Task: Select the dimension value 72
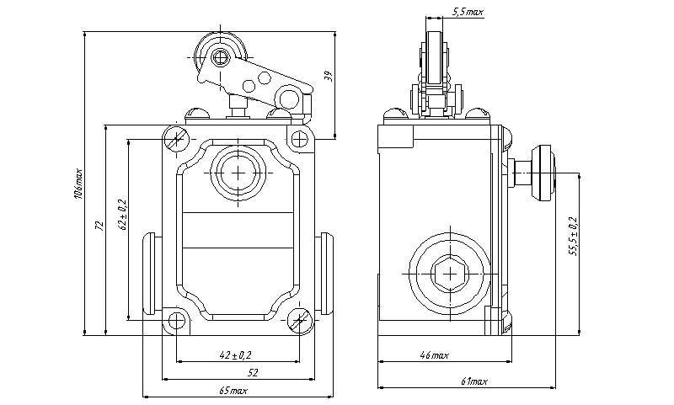(x=99, y=226)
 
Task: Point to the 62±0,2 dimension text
(x=121, y=215)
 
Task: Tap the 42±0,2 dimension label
(x=237, y=355)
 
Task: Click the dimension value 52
(x=252, y=371)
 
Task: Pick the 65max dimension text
(x=233, y=391)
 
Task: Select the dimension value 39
(x=329, y=77)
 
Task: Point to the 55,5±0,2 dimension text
(x=573, y=237)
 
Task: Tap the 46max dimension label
(x=433, y=356)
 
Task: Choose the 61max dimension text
(x=474, y=381)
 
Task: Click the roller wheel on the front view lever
(x=221, y=57)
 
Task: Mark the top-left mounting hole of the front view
(x=176, y=139)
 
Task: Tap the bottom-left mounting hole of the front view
(x=176, y=321)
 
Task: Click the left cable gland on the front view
(x=152, y=272)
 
